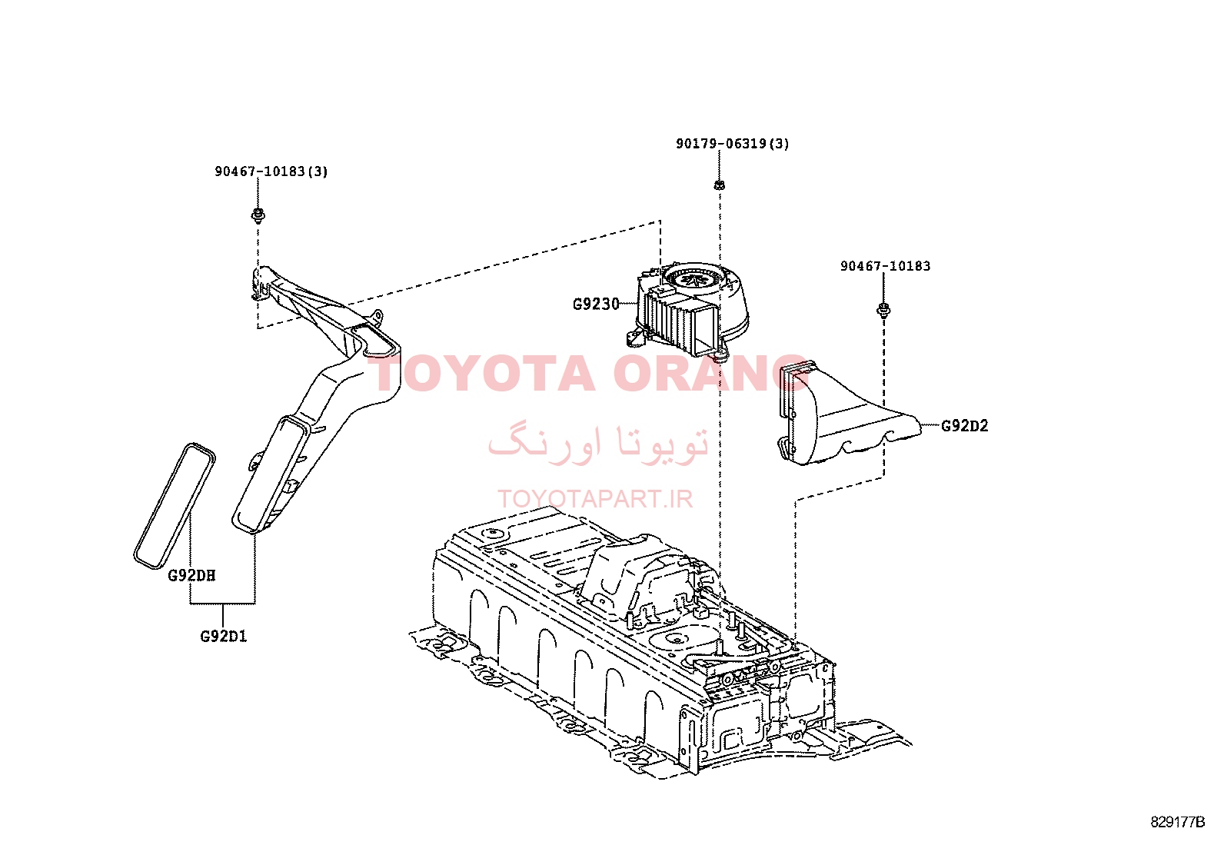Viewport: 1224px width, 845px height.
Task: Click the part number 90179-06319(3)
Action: pyautogui.click(x=732, y=144)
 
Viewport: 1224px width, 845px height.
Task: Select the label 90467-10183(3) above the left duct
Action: pyautogui.click(x=271, y=171)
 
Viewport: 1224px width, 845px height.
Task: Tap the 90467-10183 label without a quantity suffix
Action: pyautogui.click(x=885, y=266)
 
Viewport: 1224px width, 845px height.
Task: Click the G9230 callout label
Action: pyautogui.click(x=596, y=304)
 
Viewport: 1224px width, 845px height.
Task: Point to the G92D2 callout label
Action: pyautogui.click(x=964, y=426)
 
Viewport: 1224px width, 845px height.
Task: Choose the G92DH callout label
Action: pyautogui.click(x=191, y=576)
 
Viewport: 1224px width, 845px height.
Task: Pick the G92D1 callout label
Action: pyautogui.click(x=224, y=636)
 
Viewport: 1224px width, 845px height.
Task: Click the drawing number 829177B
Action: pyautogui.click(x=1178, y=822)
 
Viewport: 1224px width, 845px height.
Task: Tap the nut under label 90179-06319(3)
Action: pyautogui.click(x=719, y=185)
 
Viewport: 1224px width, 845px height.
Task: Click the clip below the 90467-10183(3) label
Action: pyautogui.click(x=258, y=215)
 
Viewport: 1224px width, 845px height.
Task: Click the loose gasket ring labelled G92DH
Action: pyautogui.click(x=175, y=505)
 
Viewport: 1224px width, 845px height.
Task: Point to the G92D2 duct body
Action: pyautogui.click(x=847, y=414)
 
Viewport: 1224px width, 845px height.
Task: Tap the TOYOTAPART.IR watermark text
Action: pyautogui.click(x=595, y=499)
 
